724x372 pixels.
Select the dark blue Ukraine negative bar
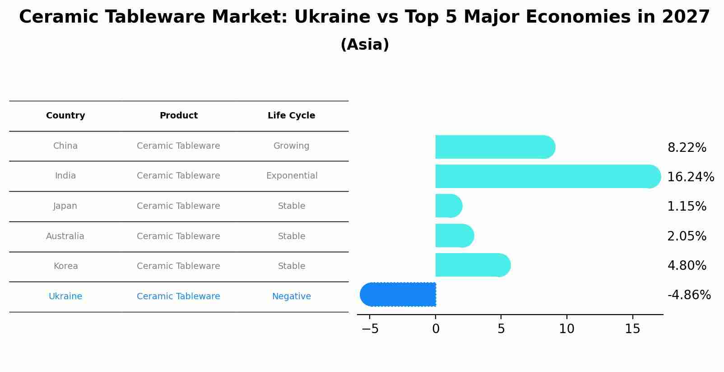pyautogui.click(x=398, y=294)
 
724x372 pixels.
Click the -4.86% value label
pyautogui.click(x=689, y=295)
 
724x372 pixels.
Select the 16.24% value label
pyautogui.click(x=690, y=177)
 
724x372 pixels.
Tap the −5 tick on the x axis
pyautogui.click(x=370, y=329)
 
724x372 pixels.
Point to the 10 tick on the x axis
pyautogui.click(x=566, y=329)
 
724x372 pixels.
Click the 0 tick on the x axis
pyautogui.click(x=436, y=329)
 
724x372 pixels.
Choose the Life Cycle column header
pyautogui.click(x=291, y=116)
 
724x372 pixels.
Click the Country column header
pyautogui.click(x=65, y=116)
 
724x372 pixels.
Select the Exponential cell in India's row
pyautogui.click(x=292, y=176)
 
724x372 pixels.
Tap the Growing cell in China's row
pyautogui.click(x=291, y=146)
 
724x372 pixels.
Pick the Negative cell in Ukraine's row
pyautogui.click(x=291, y=297)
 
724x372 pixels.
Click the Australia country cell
pyautogui.click(x=65, y=236)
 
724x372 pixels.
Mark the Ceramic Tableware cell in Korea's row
pyautogui.click(x=178, y=266)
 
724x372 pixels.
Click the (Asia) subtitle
pyautogui.click(x=365, y=45)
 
